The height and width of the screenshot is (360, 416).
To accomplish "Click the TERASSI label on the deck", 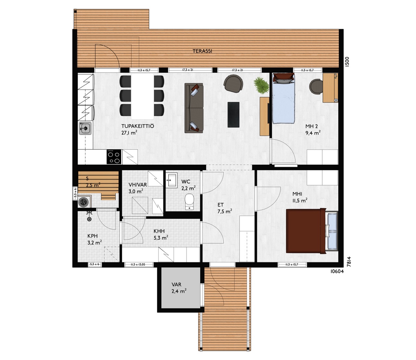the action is tap(202, 51).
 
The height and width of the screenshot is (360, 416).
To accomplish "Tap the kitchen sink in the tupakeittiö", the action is tap(85, 128).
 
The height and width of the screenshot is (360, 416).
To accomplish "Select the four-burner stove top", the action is tap(114, 157).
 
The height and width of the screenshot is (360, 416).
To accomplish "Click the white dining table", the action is tap(143, 97).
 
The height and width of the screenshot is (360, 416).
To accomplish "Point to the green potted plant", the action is tap(261, 86).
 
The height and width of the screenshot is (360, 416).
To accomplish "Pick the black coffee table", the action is tap(233, 114).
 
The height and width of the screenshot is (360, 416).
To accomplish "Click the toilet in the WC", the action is tap(189, 202).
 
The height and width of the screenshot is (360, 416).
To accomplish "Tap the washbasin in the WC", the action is tap(172, 180).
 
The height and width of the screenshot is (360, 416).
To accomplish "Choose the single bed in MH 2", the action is tap(284, 98).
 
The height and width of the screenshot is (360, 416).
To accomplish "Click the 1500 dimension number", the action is tap(347, 61).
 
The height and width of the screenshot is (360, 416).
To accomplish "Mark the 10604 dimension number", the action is tap(337, 271).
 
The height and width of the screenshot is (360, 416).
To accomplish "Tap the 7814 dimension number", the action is tap(349, 261).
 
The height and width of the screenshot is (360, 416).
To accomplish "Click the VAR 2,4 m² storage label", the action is tap(179, 288).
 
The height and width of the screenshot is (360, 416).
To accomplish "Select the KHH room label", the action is tap(159, 231).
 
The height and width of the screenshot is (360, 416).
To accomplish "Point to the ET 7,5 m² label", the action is tap(225, 208).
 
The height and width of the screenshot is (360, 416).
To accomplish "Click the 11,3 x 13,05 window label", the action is tap(138, 265).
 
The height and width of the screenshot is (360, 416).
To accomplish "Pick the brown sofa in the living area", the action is tap(194, 108).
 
